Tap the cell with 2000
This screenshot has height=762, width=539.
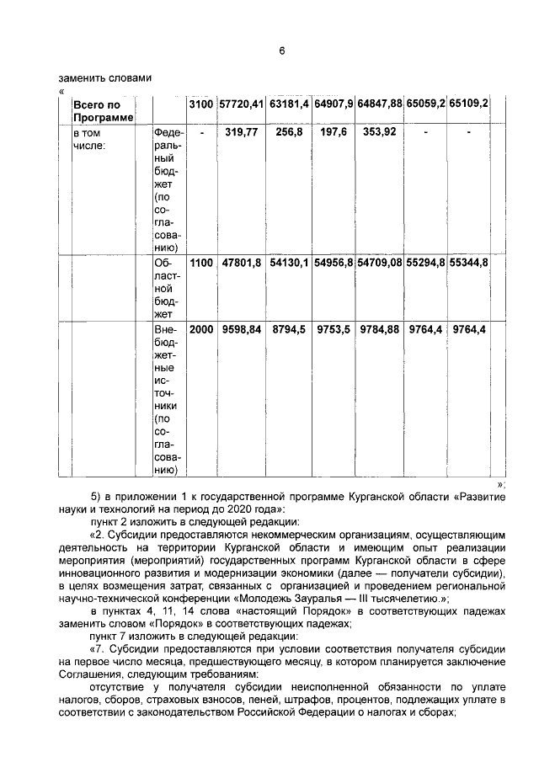(x=201, y=329)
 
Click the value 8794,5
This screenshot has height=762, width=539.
(x=291, y=329)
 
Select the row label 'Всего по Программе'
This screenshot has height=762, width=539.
(x=103, y=110)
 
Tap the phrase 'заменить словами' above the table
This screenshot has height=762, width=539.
(x=104, y=77)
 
